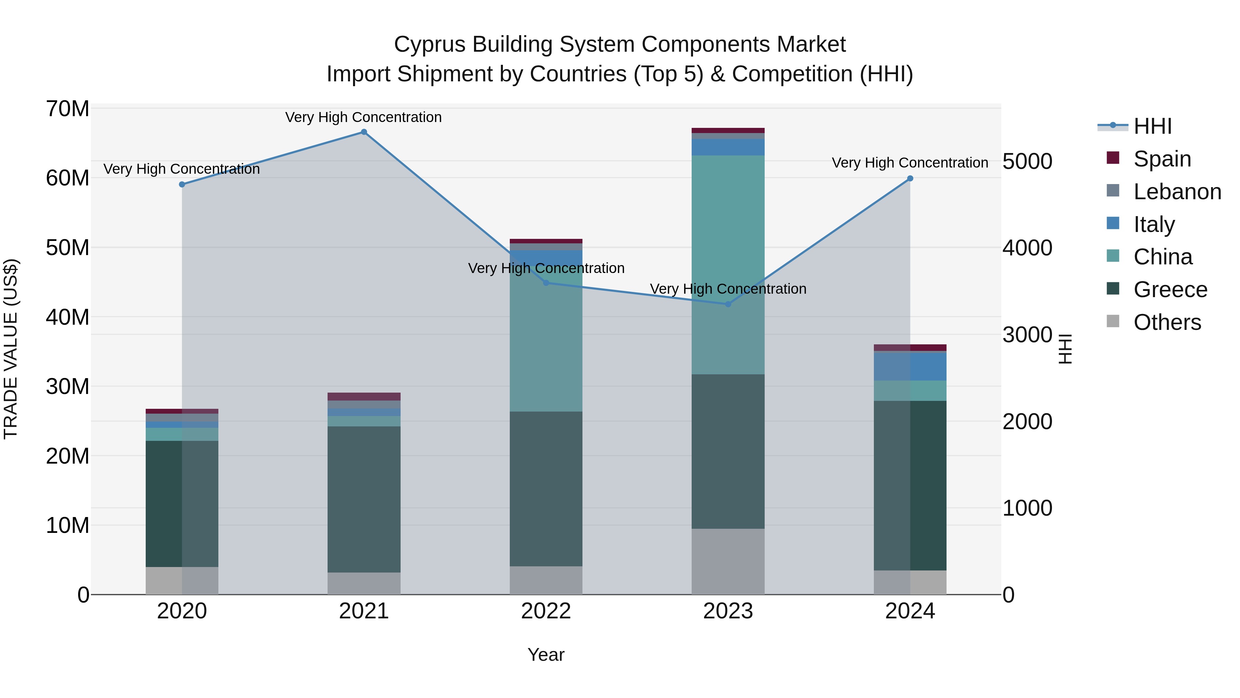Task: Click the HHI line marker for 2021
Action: pyautogui.click(x=364, y=132)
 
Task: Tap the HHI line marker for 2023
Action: pyautogui.click(x=728, y=304)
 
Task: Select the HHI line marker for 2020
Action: pyautogui.click(x=182, y=184)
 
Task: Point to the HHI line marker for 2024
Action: pyautogui.click(x=910, y=179)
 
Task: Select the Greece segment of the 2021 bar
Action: pyautogui.click(x=364, y=499)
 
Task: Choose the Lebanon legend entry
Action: pyautogui.click(x=1177, y=192)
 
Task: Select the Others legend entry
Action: pyautogui.click(x=1167, y=322)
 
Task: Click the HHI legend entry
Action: pyautogui.click(x=1153, y=126)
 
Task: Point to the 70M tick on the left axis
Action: pyautogui.click(x=68, y=109)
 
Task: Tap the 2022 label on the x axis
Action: pyautogui.click(x=546, y=611)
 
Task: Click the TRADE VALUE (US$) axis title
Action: pyautogui.click(x=11, y=349)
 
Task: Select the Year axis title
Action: pyautogui.click(x=546, y=655)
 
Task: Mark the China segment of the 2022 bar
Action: pyautogui.click(x=546, y=337)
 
